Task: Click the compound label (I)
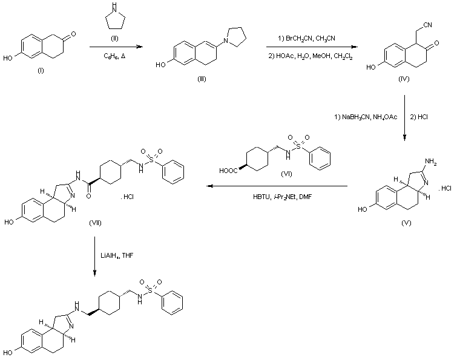click(x=41, y=71)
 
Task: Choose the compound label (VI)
click(x=288, y=173)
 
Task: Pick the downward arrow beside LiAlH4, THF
click(x=96, y=257)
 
